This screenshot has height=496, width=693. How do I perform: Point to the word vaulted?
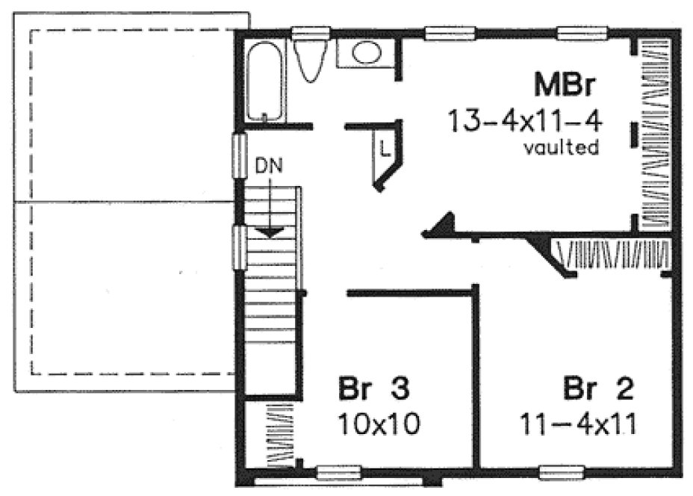click(x=561, y=148)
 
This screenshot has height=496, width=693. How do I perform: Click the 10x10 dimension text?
click(x=378, y=424)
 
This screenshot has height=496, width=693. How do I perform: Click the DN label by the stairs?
click(x=270, y=166)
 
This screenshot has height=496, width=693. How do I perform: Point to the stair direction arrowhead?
click(x=270, y=232)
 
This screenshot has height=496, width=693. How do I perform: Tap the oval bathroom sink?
click(x=365, y=52)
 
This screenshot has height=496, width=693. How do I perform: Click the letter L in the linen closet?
click(x=385, y=147)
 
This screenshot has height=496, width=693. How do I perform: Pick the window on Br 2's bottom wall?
click(x=562, y=471)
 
